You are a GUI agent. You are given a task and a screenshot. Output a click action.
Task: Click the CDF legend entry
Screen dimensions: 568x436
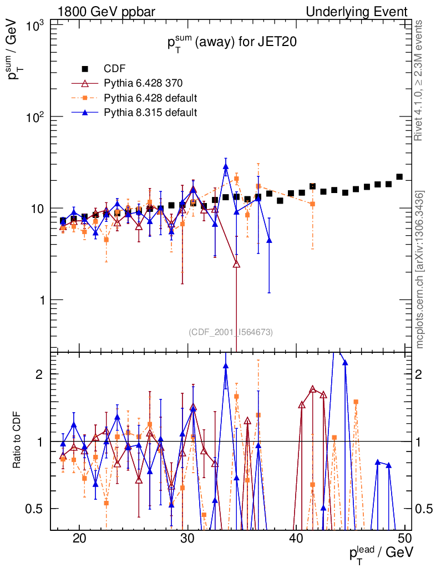pos(115,69)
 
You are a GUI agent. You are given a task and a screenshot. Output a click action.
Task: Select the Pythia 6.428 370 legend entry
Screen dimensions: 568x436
pos(143,84)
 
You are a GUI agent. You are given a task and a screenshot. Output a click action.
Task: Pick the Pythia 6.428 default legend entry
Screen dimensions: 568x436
pos(151,98)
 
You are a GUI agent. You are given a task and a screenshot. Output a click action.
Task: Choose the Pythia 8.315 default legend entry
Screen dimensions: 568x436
pos(150,113)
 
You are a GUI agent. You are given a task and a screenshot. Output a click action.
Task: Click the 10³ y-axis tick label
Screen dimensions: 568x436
pos(36,26)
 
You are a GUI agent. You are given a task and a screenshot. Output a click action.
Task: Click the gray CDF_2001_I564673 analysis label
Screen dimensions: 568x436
pos(231,332)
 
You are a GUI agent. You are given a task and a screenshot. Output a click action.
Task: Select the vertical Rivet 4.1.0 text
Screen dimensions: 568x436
pos(420,80)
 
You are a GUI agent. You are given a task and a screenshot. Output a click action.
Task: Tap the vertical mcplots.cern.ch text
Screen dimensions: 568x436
pos(420,269)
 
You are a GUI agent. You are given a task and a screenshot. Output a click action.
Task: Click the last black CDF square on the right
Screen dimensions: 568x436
pos(399,177)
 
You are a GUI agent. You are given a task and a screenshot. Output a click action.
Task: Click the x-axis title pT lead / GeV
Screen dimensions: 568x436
pos(381,552)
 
